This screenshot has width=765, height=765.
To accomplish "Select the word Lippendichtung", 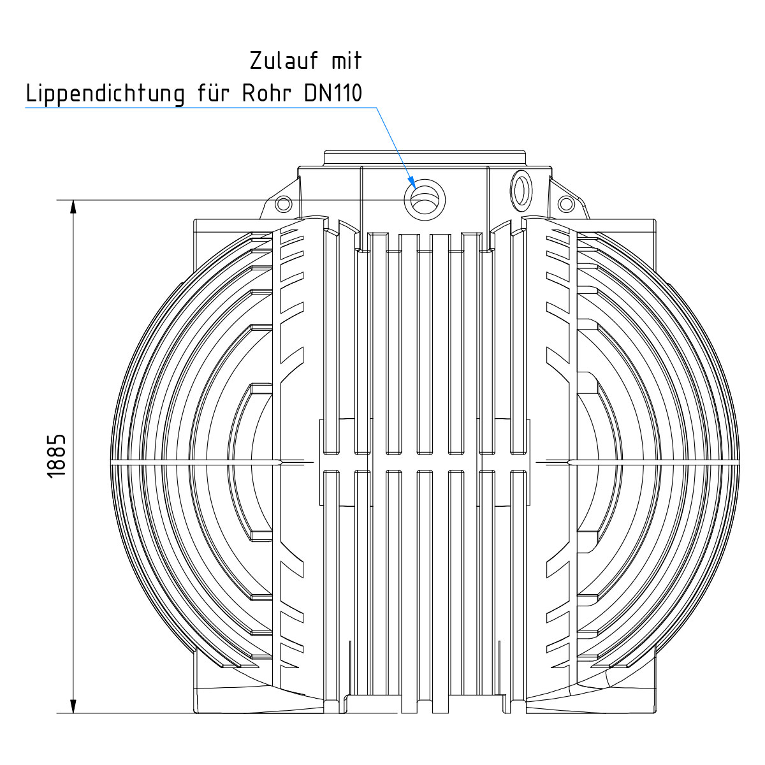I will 105,94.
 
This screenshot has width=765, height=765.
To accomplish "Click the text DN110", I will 333,94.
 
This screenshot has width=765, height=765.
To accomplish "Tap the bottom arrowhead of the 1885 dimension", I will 73,706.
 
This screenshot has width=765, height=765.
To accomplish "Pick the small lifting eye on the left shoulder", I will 283,203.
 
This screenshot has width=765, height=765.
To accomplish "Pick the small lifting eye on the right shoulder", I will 565,203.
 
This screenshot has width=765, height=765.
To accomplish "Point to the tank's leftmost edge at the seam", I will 111,462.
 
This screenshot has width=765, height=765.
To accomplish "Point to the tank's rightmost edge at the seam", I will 740,460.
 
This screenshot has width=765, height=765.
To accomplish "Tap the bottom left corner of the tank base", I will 196,711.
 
